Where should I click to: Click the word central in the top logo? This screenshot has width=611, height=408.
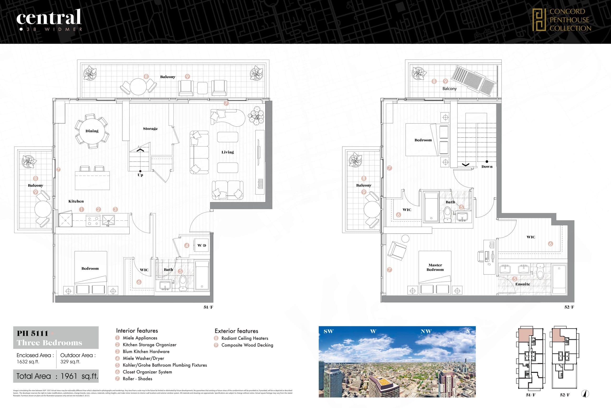point(49,17)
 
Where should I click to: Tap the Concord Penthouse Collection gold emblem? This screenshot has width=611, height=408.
point(539,20)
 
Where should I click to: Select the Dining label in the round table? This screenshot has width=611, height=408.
point(92,131)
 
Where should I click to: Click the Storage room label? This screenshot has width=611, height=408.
point(150,129)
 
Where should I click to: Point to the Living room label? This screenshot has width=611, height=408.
point(227,152)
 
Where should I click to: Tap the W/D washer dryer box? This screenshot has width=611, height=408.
point(202,245)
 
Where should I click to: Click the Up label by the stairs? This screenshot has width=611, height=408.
point(140,175)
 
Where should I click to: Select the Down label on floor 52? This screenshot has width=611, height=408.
point(487,167)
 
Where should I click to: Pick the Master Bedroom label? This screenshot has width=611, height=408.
point(435,267)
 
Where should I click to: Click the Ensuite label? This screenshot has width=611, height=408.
point(522,284)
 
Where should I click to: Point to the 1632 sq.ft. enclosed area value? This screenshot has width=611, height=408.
point(28,362)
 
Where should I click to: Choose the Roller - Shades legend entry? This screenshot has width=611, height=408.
point(137,379)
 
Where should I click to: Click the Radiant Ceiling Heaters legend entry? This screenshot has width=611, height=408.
point(244,338)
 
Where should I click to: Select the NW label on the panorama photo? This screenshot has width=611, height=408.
point(426,331)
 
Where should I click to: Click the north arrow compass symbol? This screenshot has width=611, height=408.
point(586,394)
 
